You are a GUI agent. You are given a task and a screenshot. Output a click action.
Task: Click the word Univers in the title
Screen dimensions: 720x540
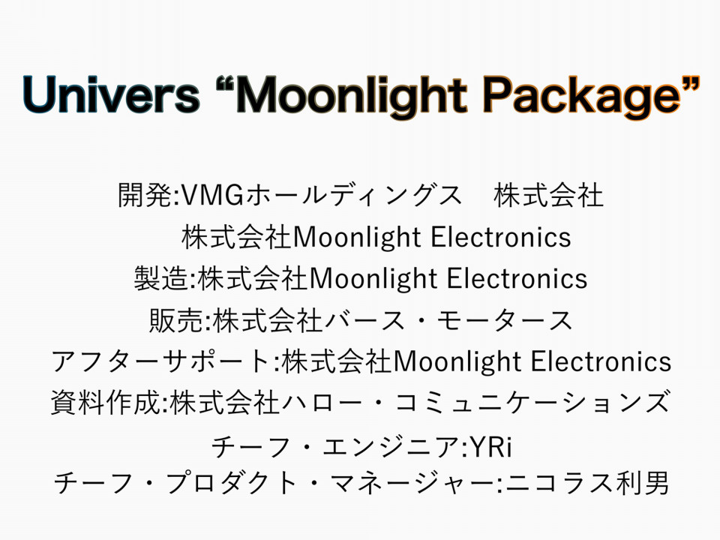pyautogui.click(x=112, y=94)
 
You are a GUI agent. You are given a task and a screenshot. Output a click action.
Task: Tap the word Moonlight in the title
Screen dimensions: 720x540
pyautogui.click(x=353, y=97)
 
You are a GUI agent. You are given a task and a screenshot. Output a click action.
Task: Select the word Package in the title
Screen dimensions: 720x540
pyautogui.click(x=581, y=97)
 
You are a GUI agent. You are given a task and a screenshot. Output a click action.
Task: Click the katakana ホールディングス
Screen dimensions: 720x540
pyautogui.click(x=353, y=195)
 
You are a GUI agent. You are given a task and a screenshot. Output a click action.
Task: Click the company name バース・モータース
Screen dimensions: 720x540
pyautogui.click(x=448, y=320)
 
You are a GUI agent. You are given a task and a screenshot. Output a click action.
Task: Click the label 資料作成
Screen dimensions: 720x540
pyautogui.click(x=106, y=402)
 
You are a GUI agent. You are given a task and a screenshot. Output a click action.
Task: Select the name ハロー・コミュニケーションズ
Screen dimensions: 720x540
pyautogui.click(x=475, y=402)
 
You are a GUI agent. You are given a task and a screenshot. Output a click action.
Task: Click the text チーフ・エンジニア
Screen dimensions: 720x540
pyautogui.click(x=334, y=446)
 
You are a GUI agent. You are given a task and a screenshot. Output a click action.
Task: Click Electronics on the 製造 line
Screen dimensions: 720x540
pyautogui.click(x=517, y=278)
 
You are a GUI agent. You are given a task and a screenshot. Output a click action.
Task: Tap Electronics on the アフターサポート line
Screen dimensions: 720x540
pyautogui.click(x=601, y=361)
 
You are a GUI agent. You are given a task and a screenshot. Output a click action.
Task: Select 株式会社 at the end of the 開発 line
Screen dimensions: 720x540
pyautogui.click(x=548, y=195)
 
